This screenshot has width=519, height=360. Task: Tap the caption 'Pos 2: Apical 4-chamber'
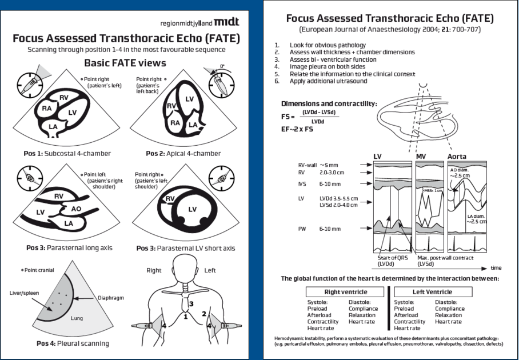pos(183,154)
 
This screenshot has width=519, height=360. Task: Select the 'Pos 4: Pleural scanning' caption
pos(73,343)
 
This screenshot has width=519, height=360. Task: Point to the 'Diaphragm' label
pos(110,298)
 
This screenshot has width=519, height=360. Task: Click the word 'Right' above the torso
pos(154,270)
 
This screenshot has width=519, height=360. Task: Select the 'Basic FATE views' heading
pos(125,63)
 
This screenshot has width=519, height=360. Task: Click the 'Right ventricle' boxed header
pos(338,292)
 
